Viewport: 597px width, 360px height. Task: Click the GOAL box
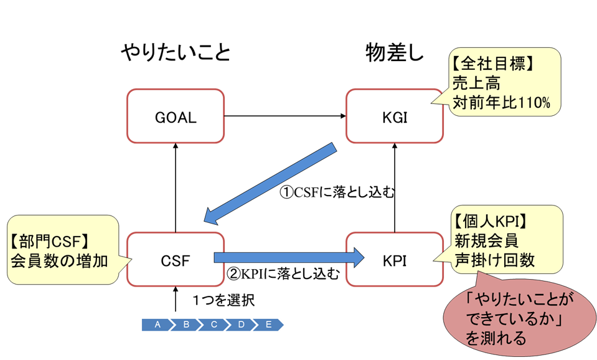click(176, 116)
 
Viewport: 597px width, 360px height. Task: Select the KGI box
click(395, 116)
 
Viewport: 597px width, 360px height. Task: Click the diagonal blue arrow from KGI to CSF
click(271, 184)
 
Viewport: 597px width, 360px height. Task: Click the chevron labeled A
click(157, 324)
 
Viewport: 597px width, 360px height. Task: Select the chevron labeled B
click(186, 324)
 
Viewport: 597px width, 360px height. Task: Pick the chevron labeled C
click(214, 324)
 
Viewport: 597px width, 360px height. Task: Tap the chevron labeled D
click(241, 324)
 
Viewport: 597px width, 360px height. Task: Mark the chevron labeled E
click(270, 324)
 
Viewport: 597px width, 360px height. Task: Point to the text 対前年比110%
click(501, 102)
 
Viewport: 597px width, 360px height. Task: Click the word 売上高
click(477, 83)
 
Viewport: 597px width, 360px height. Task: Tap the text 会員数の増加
click(59, 260)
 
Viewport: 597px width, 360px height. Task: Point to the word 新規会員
click(486, 240)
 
